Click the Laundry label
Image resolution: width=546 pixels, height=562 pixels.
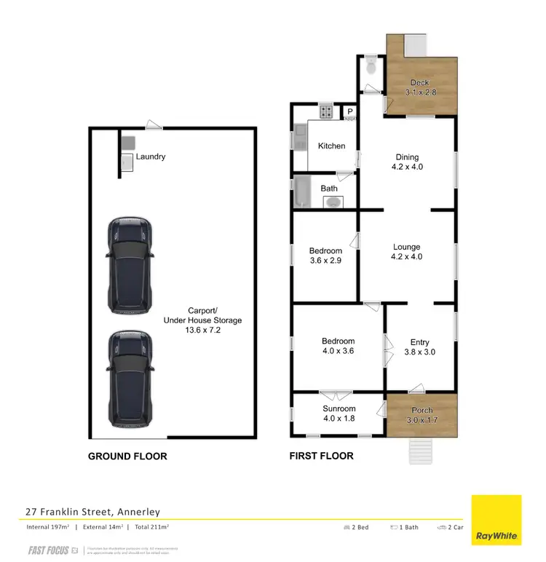coord(150,157)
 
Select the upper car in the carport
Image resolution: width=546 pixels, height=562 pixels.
coord(131,264)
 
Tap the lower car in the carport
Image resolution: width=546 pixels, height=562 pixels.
coord(131,379)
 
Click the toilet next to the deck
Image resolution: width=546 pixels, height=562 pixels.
coord(371,67)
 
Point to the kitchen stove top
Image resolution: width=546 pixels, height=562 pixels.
coord(325,112)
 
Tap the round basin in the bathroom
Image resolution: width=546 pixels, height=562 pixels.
coord(332,202)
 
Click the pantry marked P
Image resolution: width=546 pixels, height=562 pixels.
coord(349,112)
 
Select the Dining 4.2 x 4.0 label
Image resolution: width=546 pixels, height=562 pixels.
coord(408,162)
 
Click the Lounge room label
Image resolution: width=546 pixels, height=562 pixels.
coord(408,252)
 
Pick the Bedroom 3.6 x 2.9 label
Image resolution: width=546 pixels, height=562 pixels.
coord(325,256)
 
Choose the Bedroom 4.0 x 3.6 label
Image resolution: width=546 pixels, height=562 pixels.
coord(339,346)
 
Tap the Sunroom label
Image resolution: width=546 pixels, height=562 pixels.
coord(339,413)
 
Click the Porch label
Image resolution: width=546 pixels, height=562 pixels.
coord(422,415)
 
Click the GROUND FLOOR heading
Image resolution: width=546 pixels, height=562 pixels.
coord(127,456)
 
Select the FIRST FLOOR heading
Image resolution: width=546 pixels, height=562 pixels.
coord(322,456)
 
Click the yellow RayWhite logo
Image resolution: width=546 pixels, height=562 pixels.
coord(496,520)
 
